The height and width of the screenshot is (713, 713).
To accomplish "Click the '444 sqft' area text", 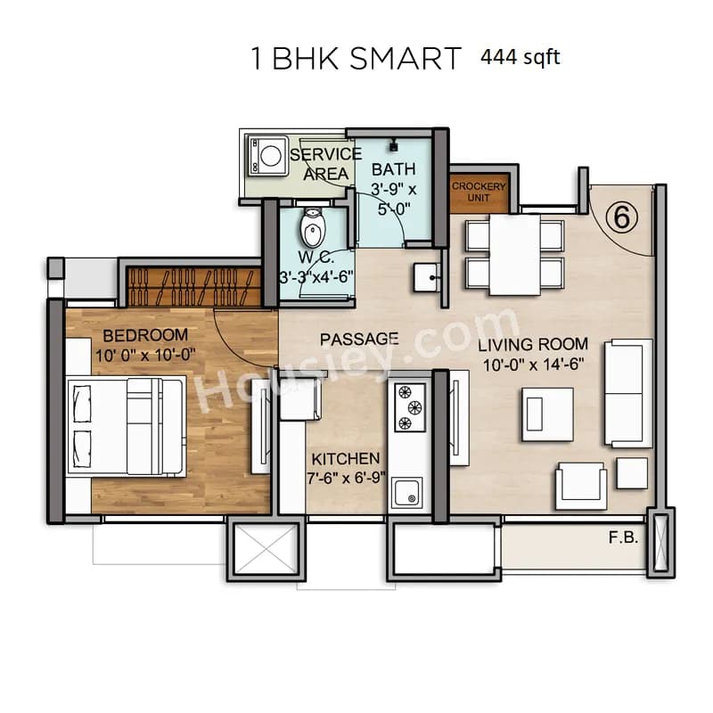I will (x=520, y=58).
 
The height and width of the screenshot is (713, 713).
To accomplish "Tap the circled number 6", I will (x=619, y=217).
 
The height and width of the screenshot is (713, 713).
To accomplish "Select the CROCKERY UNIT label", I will (x=479, y=192).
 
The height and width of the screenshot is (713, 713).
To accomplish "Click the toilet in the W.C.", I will (x=312, y=230).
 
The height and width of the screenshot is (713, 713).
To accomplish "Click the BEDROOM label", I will (x=145, y=335).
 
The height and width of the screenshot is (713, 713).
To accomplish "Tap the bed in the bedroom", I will (x=125, y=424).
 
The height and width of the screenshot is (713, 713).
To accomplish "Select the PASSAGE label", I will (x=359, y=340).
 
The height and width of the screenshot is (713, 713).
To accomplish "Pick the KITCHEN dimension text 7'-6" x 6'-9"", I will (x=345, y=476).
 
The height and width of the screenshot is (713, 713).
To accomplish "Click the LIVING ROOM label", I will (x=533, y=344).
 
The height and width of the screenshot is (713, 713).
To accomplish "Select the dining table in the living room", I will (x=515, y=255).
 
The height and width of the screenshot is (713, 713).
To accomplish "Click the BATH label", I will (x=393, y=169).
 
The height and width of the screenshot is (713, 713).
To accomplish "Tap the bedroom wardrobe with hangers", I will (x=193, y=287).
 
